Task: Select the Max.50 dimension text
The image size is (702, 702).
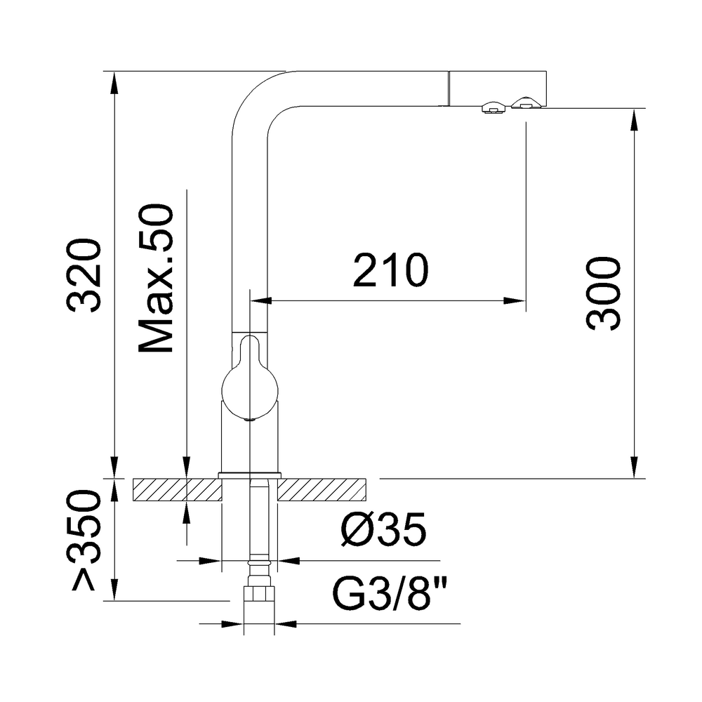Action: point(156,279)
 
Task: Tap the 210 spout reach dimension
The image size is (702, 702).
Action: point(390,270)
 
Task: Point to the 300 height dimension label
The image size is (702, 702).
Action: point(603,293)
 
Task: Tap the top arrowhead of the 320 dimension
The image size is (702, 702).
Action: point(114,81)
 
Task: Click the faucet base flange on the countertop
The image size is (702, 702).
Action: point(250,476)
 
